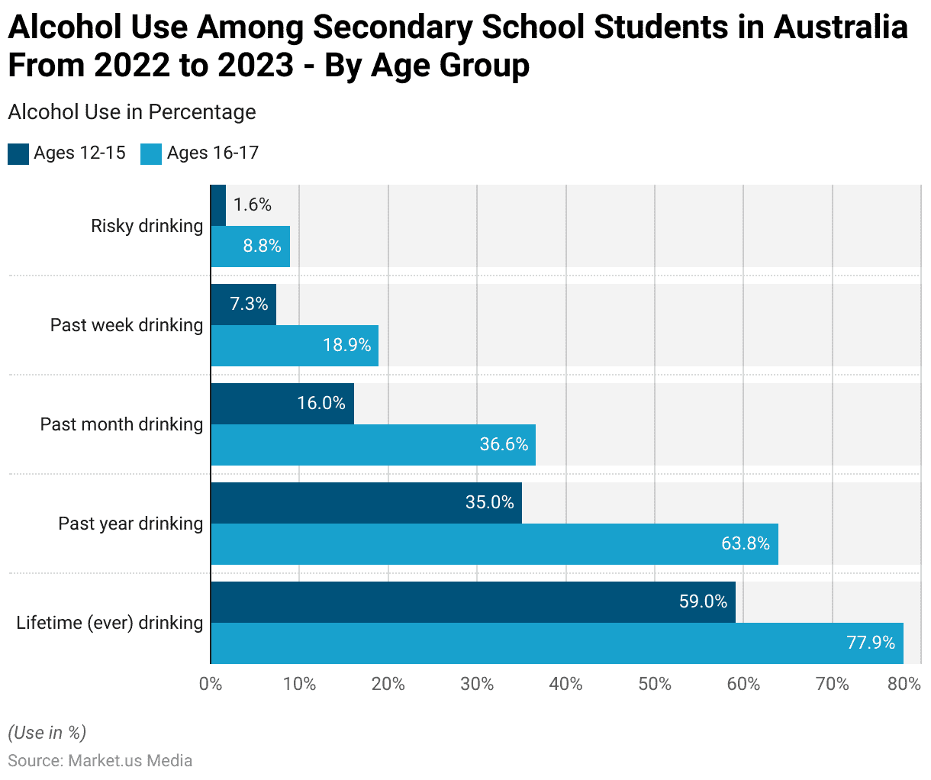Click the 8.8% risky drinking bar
[x=250, y=247]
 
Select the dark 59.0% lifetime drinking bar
[x=473, y=602]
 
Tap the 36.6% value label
[x=504, y=444]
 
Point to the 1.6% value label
[x=253, y=205]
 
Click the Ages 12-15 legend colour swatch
[x=18, y=153]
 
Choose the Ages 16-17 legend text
[x=213, y=153]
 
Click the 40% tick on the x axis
[x=565, y=684]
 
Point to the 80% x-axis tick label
[x=904, y=684]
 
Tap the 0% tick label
[x=211, y=684]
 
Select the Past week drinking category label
[x=127, y=325]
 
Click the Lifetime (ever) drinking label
[x=110, y=623]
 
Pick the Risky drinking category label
[x=147, y=226]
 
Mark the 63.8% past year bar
[x=494, y=544]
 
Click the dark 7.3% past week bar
[x=243, y=305]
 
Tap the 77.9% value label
[x=871, y=643]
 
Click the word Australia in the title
[x=840, y=27]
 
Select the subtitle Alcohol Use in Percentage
[x=132, y=112]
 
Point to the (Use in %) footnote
[x=47, y=733]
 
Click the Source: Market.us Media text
[x=100, y=761]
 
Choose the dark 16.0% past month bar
[x=282, y=404]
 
